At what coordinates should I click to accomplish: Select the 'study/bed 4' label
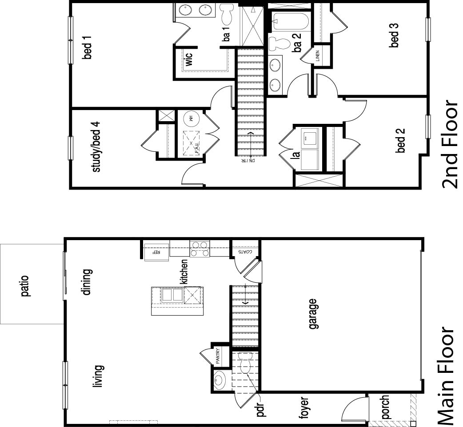tap(96, 150)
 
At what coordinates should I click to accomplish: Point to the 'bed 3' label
tap(394, 35)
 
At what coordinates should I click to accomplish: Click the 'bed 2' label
tap(401, 140)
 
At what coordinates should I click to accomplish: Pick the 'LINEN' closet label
tap(318, 55)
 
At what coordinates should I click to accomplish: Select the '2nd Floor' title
tap(449, 144)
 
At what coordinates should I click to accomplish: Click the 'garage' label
tap(314, 314)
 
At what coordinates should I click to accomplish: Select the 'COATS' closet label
tap(245, 252)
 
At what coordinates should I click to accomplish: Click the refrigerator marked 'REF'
tap(156, 252)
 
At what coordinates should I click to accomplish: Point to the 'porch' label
tap(385, 407)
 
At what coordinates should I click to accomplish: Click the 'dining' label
tap(86, 282)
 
